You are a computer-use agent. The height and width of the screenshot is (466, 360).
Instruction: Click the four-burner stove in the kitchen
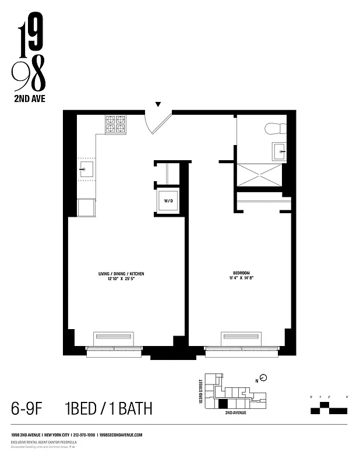pyautogui.click(x=115, y=124)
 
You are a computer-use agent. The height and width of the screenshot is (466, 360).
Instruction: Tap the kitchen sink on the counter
pyautogui.click(x=85, y=170)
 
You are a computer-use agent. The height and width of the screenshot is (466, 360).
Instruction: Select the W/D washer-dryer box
pyautogui.click(x=168, y=200)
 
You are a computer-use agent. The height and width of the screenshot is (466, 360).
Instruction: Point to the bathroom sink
pyautogui.click(x=280, y=151)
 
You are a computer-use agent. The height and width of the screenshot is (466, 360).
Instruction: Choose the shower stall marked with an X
pyautogui.click(x=258, y=174)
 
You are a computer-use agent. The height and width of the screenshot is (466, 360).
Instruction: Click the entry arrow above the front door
pyautogui.click(x=157, y=105)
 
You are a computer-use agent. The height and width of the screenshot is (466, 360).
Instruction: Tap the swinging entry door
pyautogui.click(x=158, y=123)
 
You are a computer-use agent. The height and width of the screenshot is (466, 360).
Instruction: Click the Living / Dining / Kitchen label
pyautogui.click(x=121, y=273)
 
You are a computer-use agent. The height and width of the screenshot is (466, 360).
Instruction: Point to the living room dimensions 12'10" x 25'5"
pyautogui.click(x=121, y=279)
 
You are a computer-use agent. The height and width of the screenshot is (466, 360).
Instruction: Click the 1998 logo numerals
pyautogui.click(x=29, y=55)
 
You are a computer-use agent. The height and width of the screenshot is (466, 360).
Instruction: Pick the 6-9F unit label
pyautogui.click(x=29, y=408)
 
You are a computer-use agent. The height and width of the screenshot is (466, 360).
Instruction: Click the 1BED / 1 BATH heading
pyautogui.click(x=109, y=408)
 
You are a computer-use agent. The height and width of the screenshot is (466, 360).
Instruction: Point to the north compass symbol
pyautogui.click(x=263, y=377)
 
